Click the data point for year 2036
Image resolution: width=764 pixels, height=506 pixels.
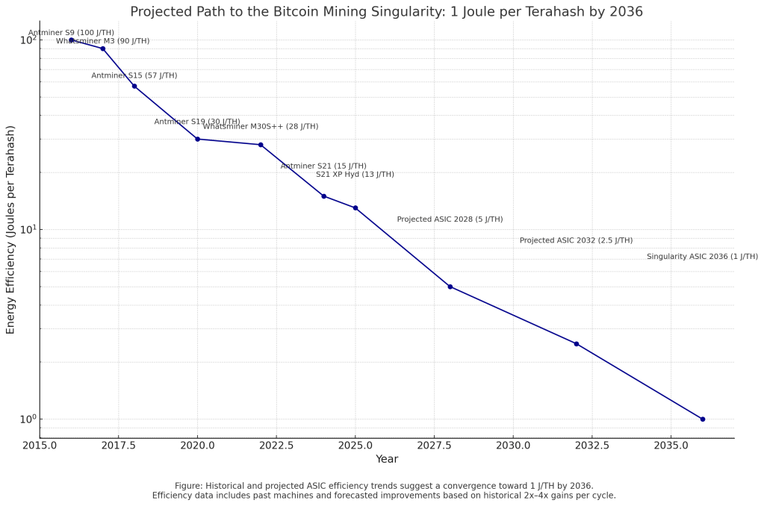[x=702, y=419]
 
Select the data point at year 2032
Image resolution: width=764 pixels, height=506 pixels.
[x=576, y=343]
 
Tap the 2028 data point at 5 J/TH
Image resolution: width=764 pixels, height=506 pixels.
[x=450, y=287]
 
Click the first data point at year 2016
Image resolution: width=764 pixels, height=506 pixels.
[x=72, y=40]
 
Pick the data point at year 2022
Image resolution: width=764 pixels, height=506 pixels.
[x=261, y=145]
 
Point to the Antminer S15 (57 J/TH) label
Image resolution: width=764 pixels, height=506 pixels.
[x=134, y=75]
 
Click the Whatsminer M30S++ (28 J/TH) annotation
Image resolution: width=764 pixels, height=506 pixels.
[x=261, y=126]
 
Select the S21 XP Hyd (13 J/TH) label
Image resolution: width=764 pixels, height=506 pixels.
[x=355, y=174]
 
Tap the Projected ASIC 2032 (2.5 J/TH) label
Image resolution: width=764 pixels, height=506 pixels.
[x=576, y=240]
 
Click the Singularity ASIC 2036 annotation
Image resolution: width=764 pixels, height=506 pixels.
[x=702, y=256]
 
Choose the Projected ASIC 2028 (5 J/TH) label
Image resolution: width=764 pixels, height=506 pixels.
[x=450, y=219]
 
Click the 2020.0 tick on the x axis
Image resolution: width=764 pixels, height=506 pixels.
[x=197, y=446]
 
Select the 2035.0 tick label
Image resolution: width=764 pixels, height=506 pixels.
[x=671, y=446]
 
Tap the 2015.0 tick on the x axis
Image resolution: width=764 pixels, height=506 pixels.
[x=40, y=446]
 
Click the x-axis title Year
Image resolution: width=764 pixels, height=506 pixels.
[x=387, y=459]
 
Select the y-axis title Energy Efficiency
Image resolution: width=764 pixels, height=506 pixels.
[x=11, y=230]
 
